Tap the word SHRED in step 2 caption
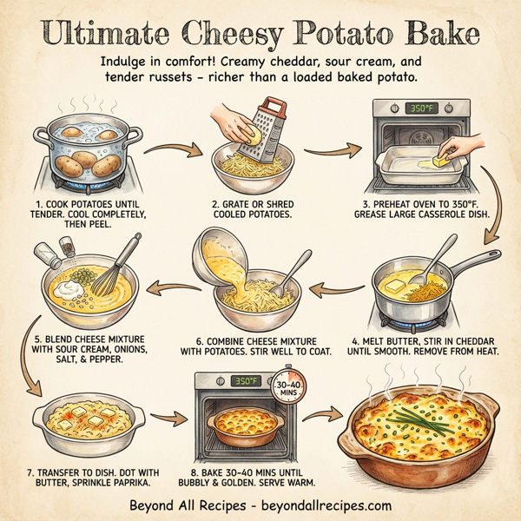[x=275, y=207]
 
